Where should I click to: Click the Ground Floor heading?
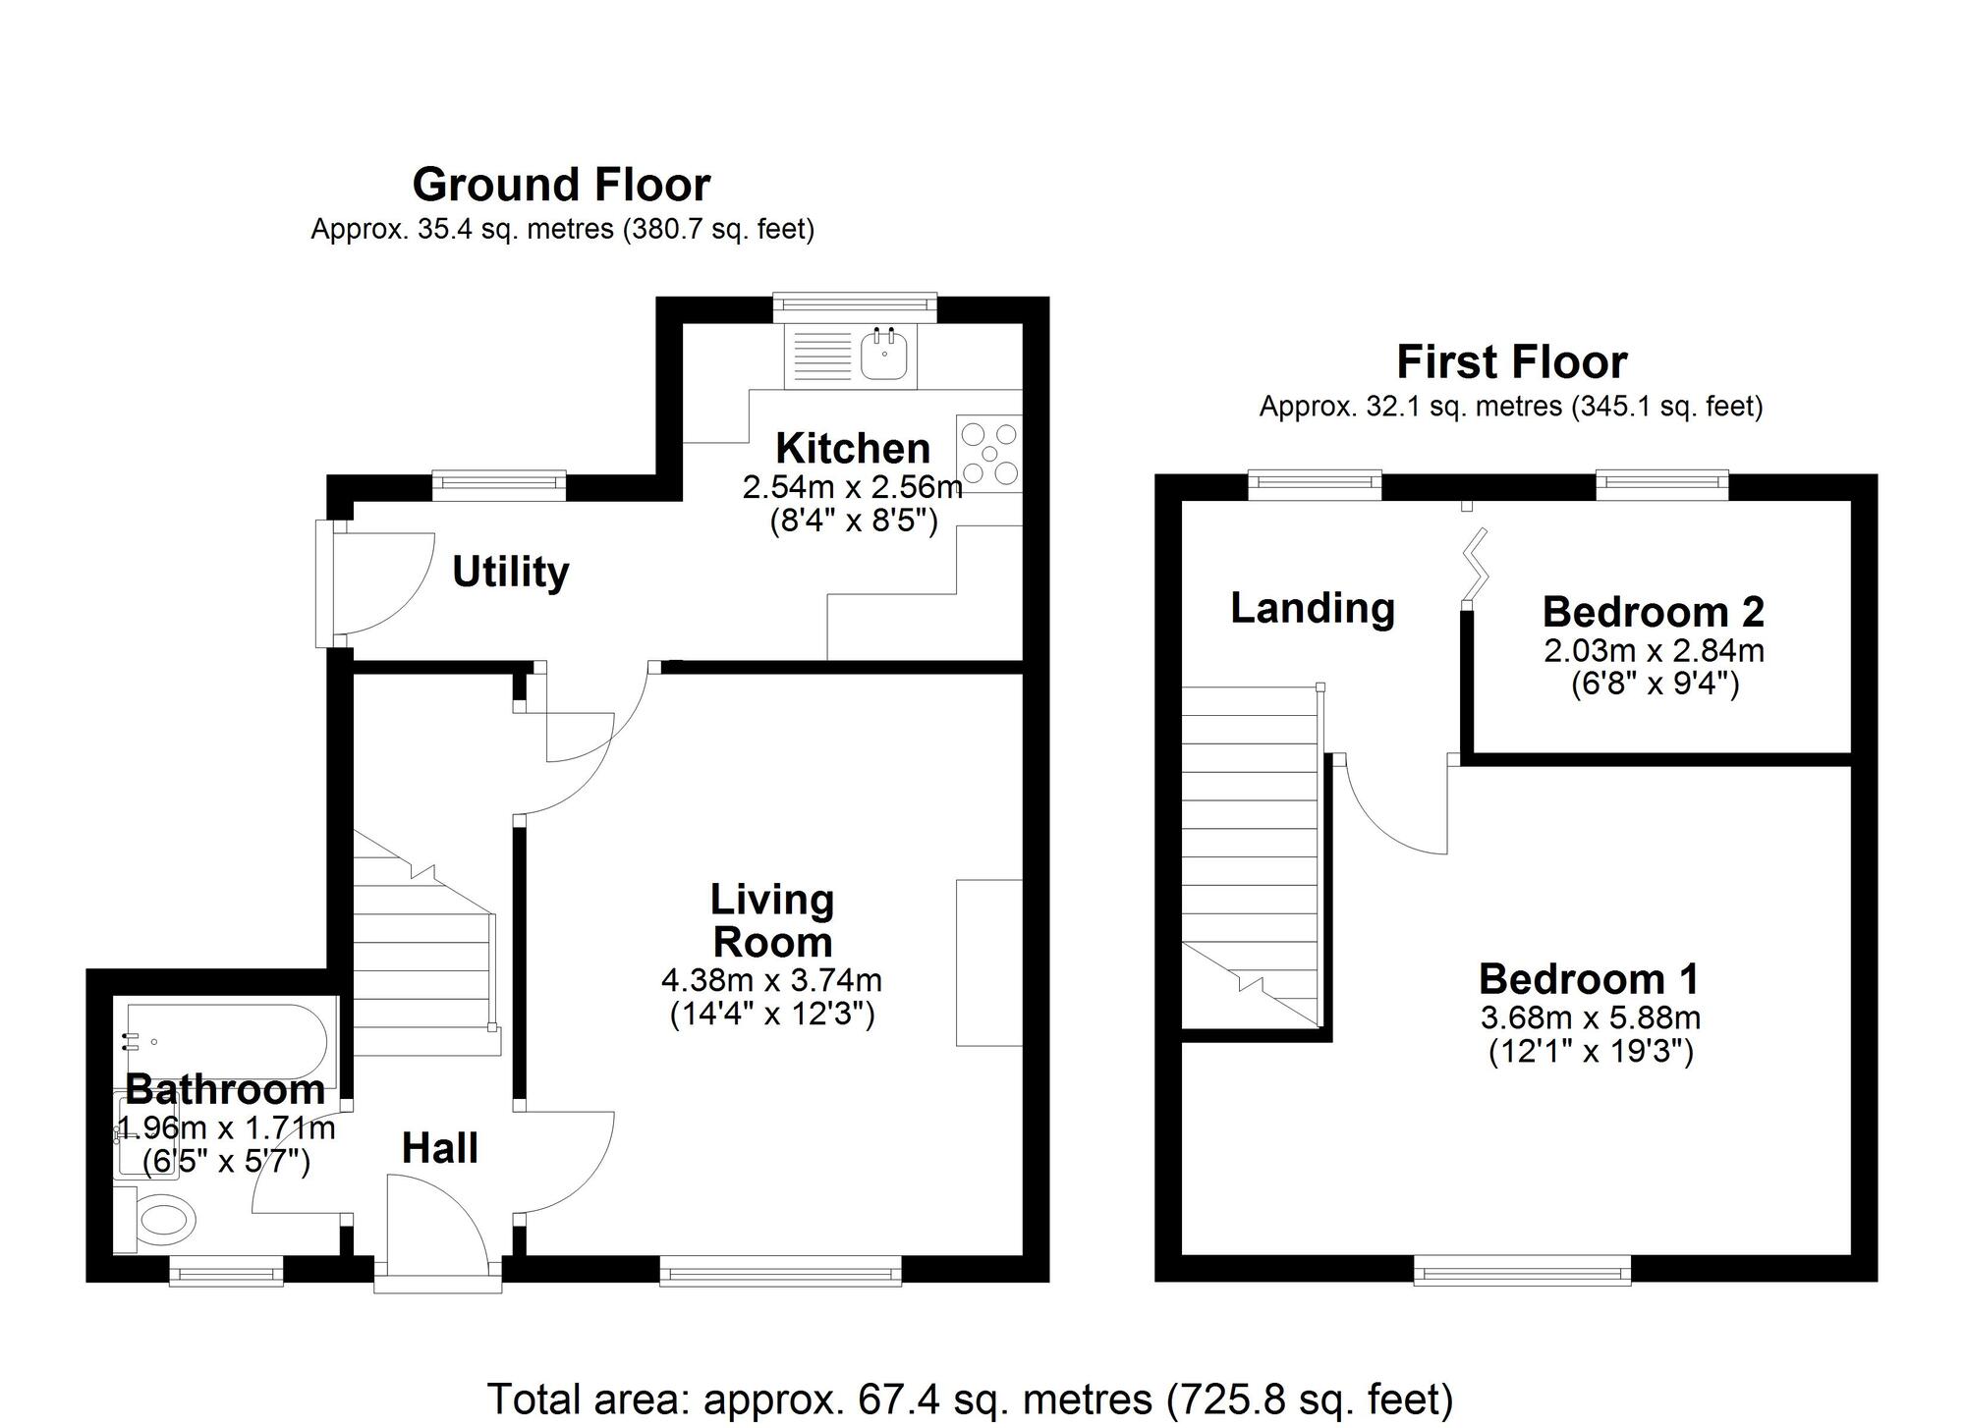pos(561,185)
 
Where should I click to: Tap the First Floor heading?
pos(1511,362)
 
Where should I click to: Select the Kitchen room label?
pos(853,449)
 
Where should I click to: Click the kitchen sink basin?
pos(886,356)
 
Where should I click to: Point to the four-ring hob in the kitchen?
pos(989,453)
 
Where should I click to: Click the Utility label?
pos(510,572)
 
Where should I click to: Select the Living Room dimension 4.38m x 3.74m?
pos(772,980)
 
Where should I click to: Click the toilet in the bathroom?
pos(161,1221)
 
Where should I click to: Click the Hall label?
pos(439,1148)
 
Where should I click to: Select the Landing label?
pos(1313,608)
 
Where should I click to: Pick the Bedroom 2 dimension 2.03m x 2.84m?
pos(1655,650)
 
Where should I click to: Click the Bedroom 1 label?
pos(1589,979)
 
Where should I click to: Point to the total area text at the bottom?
pos(970,1399)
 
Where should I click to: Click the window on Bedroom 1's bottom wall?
pos(1522,1273)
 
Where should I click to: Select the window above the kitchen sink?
pos(854,306)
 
